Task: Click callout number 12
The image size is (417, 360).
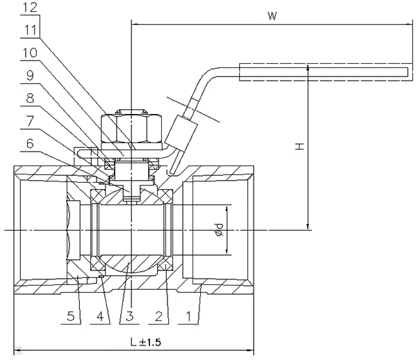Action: click(x=30, y=8)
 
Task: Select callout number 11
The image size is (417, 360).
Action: click(x=31, y=30)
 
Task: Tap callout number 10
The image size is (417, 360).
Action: click(x=30, y=53)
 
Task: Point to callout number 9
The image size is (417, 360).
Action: click(x=30, y=76)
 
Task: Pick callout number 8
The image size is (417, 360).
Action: click(x=30, y=99)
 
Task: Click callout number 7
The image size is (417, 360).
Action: click(x=30, y=121)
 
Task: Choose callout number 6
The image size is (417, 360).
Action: click(x=30, y=144)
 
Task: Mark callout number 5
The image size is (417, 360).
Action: click(x=71, y=316)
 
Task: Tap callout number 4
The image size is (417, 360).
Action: click(x=100, y=316)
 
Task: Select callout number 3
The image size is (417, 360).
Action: click(x=129, y=316)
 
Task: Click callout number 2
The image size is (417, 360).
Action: click(x=158, y=316)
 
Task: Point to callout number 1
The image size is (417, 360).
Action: click(x=188, y=316)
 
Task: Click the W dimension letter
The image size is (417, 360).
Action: click(x=272, y=16)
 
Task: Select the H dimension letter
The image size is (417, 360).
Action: click(x=300, y=146)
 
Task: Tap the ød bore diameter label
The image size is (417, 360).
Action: click(x=219, y=230)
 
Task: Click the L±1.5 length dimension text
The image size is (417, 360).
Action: click(x=146, y=342)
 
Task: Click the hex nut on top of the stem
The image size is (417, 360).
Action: click(x=131, y=127)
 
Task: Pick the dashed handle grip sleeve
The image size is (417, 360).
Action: click(x=326, y=72)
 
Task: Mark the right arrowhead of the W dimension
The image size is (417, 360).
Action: click(x=410, y=24)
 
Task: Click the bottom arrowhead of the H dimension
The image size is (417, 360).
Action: click(x=308, y=227)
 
